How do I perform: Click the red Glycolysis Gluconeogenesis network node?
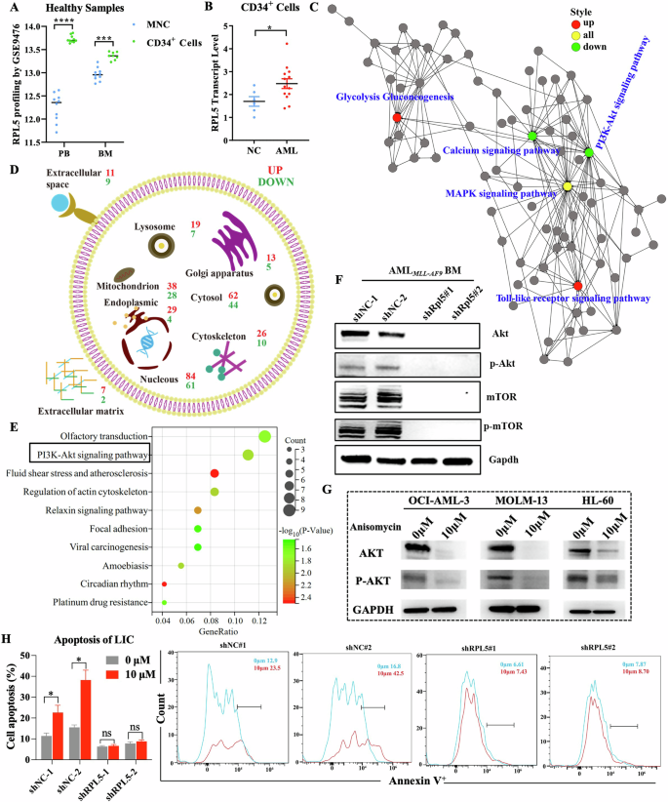tap(397, 117)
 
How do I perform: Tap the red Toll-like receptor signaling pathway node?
tap(577, 286)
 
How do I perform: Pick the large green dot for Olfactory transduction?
tap(263, 436)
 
